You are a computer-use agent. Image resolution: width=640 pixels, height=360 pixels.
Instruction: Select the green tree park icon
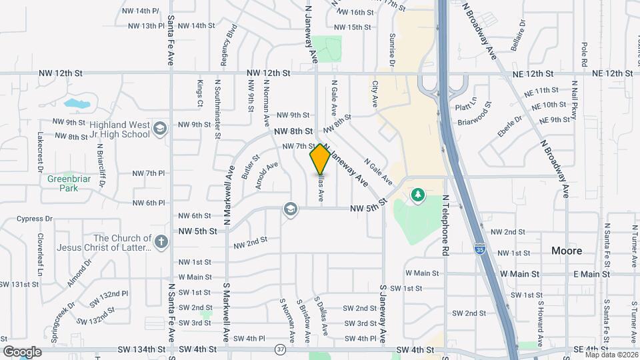pos(418,195)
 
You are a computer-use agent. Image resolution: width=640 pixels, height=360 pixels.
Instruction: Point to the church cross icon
pos(161,242)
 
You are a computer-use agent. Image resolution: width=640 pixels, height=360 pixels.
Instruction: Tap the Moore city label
pos(567,251)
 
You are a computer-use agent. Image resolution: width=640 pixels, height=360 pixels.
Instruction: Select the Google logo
pos(23,351)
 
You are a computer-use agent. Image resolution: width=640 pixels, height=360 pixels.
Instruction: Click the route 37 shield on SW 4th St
pos(280,349)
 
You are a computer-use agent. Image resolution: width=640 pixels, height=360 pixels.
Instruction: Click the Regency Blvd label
pos(231,44)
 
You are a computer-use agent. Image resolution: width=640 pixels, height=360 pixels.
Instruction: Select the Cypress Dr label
pos(35,219)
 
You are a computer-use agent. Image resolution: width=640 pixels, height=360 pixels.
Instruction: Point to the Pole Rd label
pos(583,53)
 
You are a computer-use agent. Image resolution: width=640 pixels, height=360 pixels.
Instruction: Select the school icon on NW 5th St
pos(289,209)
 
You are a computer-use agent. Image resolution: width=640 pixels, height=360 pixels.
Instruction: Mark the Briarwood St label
pos(475,123)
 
